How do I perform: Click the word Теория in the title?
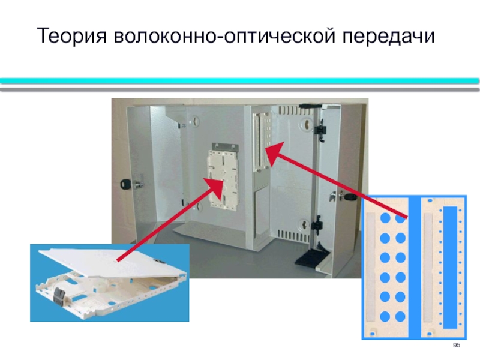pyautogui.click(x=72, y=36)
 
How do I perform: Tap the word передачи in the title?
pyautogui.click(x=388, y=36)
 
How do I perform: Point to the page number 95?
pyautogui.click(x=457, y=346)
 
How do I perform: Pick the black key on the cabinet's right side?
pyautogui.click(x=350, y=197)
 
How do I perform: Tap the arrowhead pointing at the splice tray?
pyautogui.click(x=215, y=187)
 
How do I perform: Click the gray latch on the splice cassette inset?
pyautogui.click(x=58, y=295)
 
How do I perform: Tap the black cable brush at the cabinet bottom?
pyautogui.click(x=311, y=254)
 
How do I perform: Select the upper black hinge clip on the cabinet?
pyautogui.click(x=320, y=131)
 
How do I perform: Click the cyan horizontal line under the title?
pyautogui.click(x=239, y=81)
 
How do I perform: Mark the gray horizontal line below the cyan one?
pyautogui.click(x=239, y=89)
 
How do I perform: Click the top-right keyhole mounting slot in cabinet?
pyautogui.click(x=306, y=123)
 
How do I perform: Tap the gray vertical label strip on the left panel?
pyautogui.click(x=370, y=266)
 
